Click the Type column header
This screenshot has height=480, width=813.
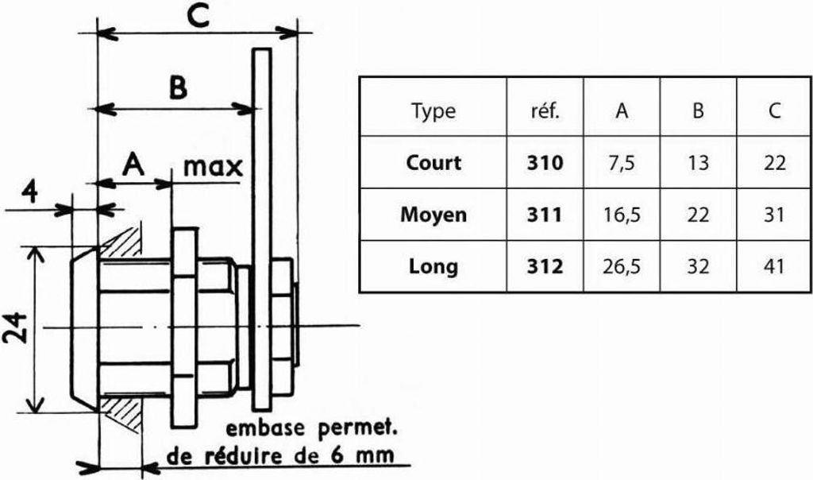433,111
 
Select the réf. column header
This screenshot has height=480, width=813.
545,111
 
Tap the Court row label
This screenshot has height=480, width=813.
433,163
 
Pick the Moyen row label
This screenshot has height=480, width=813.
433,215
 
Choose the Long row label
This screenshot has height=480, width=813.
433,267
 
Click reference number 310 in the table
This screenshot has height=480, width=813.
545,163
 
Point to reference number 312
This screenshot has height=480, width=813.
545,267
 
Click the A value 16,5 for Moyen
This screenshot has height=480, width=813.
622,215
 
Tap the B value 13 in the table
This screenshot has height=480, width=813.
698,163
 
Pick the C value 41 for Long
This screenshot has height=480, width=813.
774,267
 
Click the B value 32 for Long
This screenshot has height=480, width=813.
698,267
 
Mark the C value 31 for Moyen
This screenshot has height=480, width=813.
774,215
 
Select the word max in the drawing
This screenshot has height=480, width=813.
213,167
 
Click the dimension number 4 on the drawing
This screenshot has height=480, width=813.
31,192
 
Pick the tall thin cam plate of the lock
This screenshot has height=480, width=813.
260,228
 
